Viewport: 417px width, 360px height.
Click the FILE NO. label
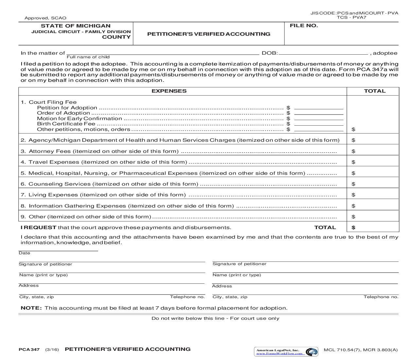pos(304,26)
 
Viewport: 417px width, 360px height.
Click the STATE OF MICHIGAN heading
pos(76,26)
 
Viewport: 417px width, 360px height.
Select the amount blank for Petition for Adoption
pos(319,107)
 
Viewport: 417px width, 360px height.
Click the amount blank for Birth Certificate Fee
pos(319,124)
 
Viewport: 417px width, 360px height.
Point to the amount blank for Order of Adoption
pos(319,113)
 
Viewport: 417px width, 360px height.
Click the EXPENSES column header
pos(169,91)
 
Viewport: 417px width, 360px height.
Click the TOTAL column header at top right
pos(374,91)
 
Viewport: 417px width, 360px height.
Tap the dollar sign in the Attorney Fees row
pos(353,151)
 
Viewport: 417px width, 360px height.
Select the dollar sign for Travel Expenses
pos(353,162)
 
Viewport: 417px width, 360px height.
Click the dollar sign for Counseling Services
pos(353,184)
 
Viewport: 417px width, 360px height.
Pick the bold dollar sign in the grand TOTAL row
pos(353,227)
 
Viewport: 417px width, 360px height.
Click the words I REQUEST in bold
pos(39,227)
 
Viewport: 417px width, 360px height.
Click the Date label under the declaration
pos(24,253)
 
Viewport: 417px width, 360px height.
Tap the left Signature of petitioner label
pos(45,264)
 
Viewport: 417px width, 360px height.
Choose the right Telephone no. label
pos(381,297)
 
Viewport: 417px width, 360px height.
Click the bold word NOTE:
pos(31,308)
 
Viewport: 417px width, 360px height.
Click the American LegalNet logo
pos(286,352)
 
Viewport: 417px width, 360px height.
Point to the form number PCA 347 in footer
pos(29,350)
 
